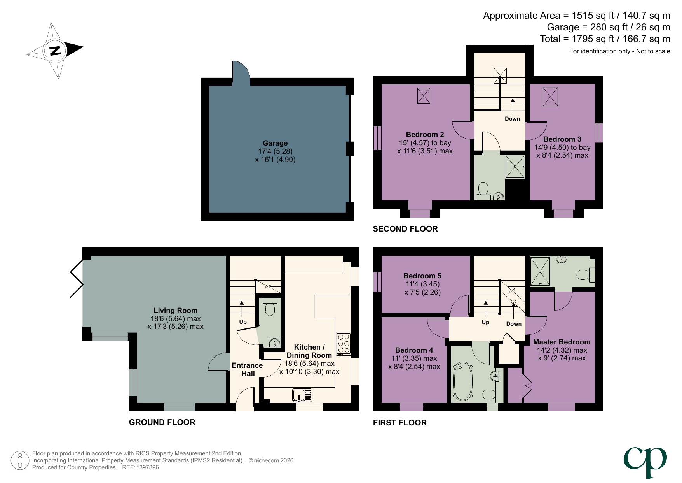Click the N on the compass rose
[x=55, y=51]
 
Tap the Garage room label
[x=275, y=143]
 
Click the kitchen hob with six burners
[x=344, y=344]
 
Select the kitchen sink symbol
[x=302, y=395]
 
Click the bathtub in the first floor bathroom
[x=462, y=381]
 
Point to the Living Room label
[x=175, y=311]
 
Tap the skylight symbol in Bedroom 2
[x=424, y=96]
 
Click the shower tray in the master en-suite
[x=541, y=271]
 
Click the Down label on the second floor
[x=512, y=119]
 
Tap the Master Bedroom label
[x=562, y=342]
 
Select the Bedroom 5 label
[x=422, y=276]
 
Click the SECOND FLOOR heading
[x=405, y=229]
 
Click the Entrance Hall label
[x=248, y=369]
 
